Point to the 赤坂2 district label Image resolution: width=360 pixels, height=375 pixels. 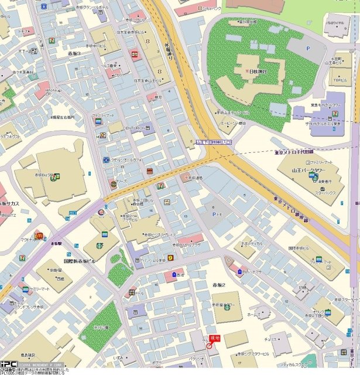219,284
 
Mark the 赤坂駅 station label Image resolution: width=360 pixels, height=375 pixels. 57,243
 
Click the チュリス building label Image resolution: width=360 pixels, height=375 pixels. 270,339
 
